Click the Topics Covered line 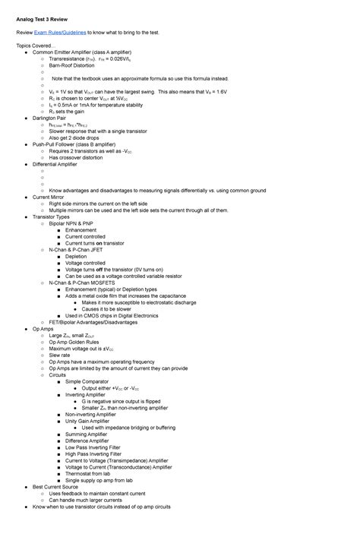click(36, 46)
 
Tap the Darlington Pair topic click(49, 118)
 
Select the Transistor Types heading click(51, 216)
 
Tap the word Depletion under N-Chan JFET click(76, 256)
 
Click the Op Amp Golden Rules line click(74, 342)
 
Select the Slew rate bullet click(60, 355)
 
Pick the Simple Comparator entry click(88, 381)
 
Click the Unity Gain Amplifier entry click(87, 420)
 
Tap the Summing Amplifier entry click(86, 434)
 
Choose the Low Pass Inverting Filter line click(93, 447)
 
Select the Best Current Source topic click(55, 486)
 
